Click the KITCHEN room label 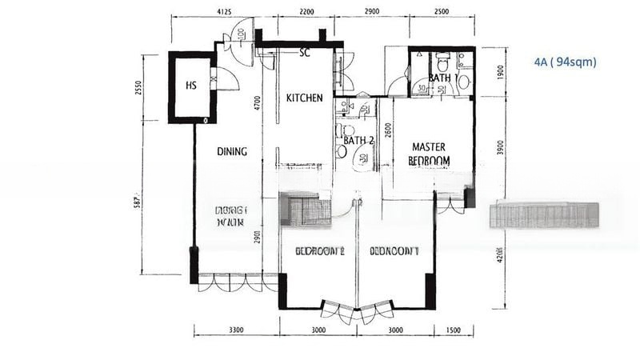(304, 98)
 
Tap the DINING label (232, 151)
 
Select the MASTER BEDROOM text (429, 154)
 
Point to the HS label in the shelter (191, 86)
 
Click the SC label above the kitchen (304, 54)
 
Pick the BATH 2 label (358, 141)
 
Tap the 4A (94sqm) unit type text (566, 62)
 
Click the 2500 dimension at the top (441, 13)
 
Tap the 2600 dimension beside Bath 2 (388, 130)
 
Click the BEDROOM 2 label (319, 250)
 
